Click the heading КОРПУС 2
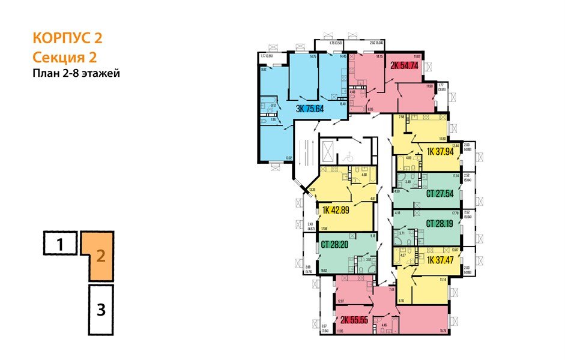click(x=67, y=38)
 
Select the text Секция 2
click(x=64, y=58)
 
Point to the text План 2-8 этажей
click(x=76, y=74)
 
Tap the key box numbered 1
click(x=59, y=244)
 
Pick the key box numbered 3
click(x=100, y=310)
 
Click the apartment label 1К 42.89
click(x=339, y=210)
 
